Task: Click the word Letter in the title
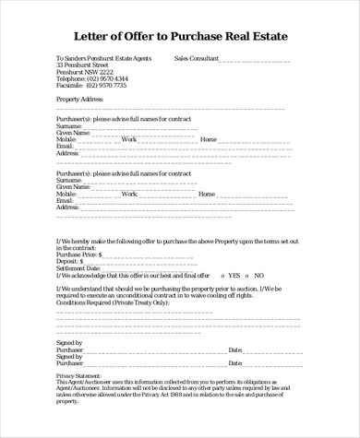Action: click(x=97, y=37)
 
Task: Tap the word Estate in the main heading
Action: click(x=265, y=37)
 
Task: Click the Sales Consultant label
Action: click(x=196, y=57)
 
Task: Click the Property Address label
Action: click(x=80, y=99)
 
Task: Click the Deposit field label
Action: click(x=69, y=261)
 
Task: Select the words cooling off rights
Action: click(x=230, y=295)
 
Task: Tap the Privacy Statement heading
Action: click(x=79, y=377)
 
